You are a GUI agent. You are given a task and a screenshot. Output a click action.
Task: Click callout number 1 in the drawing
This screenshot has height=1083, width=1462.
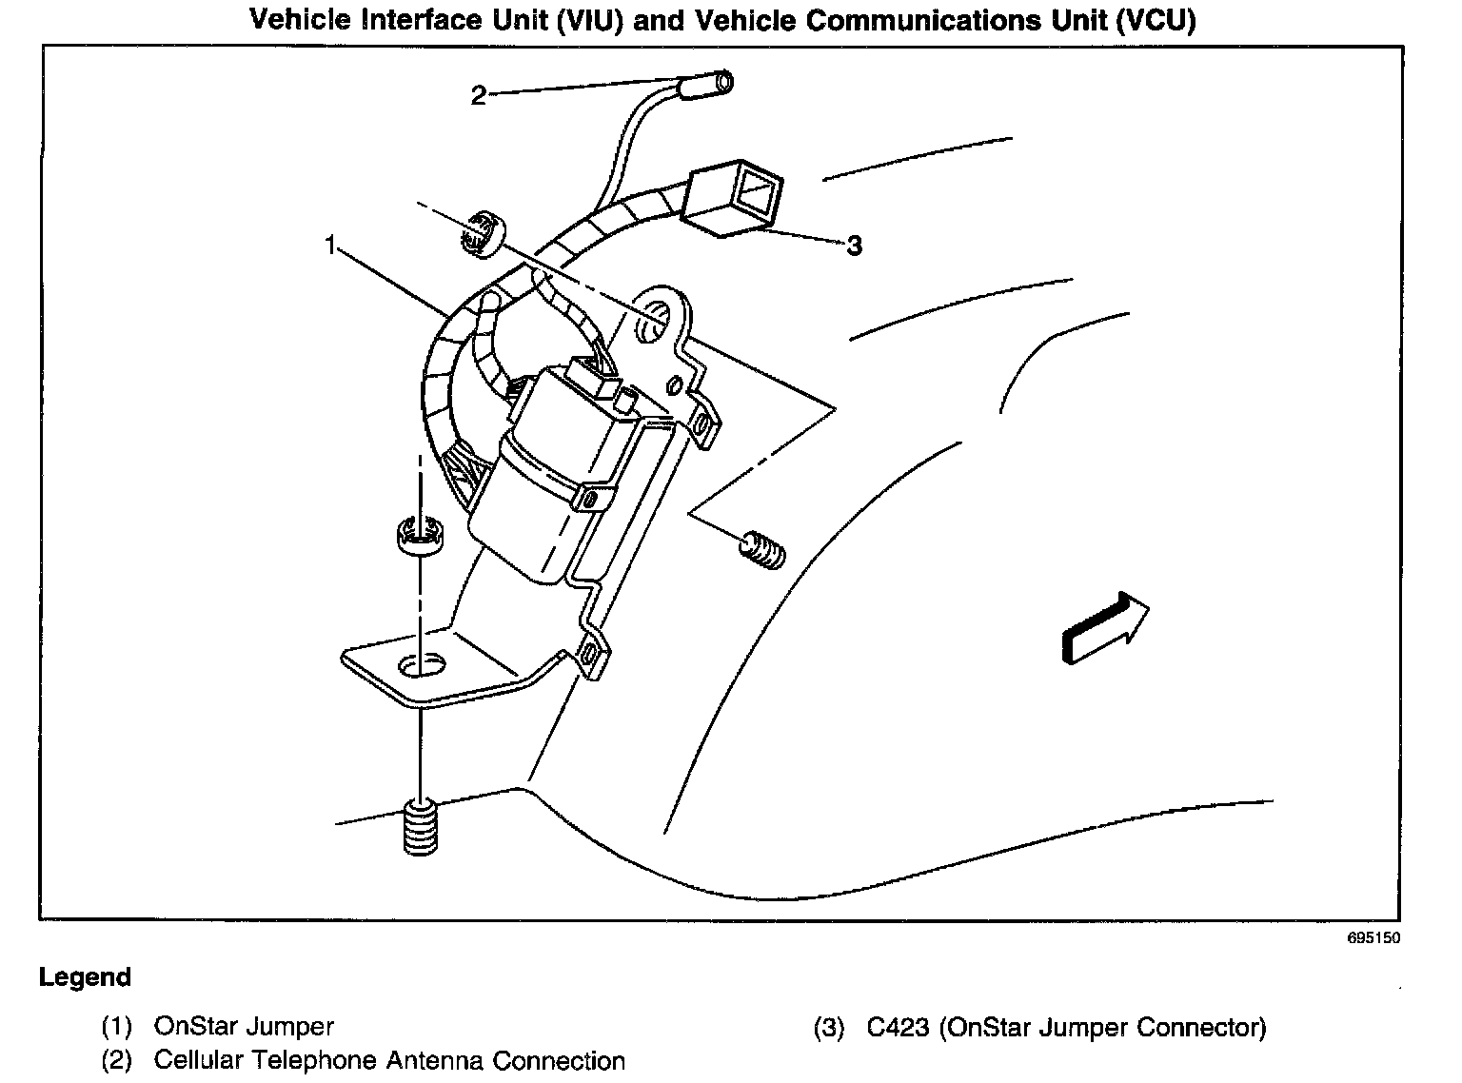pos(330,246)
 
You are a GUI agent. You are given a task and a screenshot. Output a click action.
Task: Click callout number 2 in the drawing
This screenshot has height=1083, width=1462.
pos(478,95)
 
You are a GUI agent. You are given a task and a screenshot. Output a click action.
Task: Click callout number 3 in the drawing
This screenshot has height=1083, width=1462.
pos(854,246)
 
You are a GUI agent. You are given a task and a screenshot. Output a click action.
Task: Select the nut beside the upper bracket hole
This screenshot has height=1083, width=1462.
pos(483,234)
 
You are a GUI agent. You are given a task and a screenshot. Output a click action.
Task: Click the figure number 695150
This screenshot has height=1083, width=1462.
pos(1373,938)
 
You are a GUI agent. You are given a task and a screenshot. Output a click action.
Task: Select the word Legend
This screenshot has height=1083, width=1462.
pos(85,977)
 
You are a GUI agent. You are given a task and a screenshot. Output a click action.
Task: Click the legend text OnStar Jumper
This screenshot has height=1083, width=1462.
pos(244,1027)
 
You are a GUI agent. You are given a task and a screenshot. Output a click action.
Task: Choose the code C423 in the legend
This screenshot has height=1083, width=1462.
pos(898,1028)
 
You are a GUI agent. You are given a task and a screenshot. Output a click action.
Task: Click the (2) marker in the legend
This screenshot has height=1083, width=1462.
pos(116,1061)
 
